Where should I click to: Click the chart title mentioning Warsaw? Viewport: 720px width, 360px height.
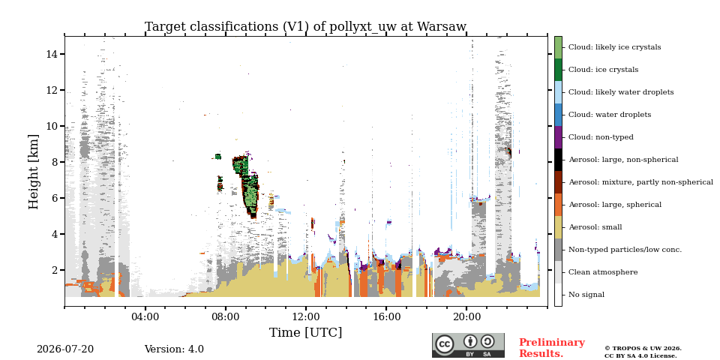click(305, 27)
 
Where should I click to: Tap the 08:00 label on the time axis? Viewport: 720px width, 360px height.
click(226, 316)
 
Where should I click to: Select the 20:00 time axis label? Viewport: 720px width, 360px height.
click(466, 316)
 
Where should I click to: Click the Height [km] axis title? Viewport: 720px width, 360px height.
click(34, 172)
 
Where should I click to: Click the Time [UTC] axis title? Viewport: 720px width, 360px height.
click(305, 332)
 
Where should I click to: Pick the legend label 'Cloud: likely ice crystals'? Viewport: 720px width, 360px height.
click(615, 47)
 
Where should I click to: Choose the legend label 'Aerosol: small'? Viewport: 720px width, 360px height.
click(595, 227)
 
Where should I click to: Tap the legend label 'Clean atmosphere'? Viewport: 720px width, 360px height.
click(603, 272)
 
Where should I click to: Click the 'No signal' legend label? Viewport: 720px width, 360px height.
click(586, 295)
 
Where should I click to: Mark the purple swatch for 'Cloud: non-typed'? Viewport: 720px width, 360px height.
click(558, 137)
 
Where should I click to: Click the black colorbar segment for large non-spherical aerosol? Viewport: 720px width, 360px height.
click(558, 160)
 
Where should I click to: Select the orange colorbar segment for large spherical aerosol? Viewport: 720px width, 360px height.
click(558, 205)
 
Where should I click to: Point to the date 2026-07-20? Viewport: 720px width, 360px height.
click(65, 349)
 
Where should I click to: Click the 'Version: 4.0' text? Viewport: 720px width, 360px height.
click(174, 349)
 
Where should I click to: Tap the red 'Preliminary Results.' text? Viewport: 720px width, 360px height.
click(551, 348)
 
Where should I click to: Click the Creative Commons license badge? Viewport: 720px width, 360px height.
click(468, 345)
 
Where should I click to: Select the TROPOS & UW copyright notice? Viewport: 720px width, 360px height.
click(643, 352)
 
